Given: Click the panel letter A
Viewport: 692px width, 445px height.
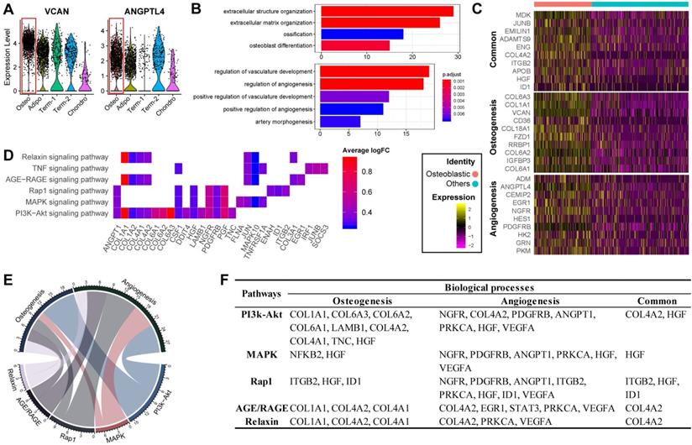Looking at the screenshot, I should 8,9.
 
